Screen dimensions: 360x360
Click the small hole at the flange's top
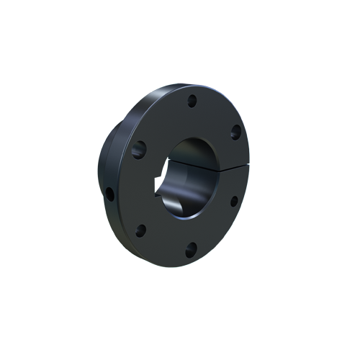[x=192, y=102]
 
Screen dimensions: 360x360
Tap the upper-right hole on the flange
[x=235, y=132]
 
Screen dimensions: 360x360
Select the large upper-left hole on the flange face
[x=140, y=150]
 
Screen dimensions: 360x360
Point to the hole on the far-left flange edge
[x=109, y=194]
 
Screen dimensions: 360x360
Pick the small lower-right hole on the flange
[x=233, y=200]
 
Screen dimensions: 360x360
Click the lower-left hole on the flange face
[x=141, y=230]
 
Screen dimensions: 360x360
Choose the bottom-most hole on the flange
[x=191, y=250]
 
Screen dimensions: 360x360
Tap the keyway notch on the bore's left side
[x=161, y=192]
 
